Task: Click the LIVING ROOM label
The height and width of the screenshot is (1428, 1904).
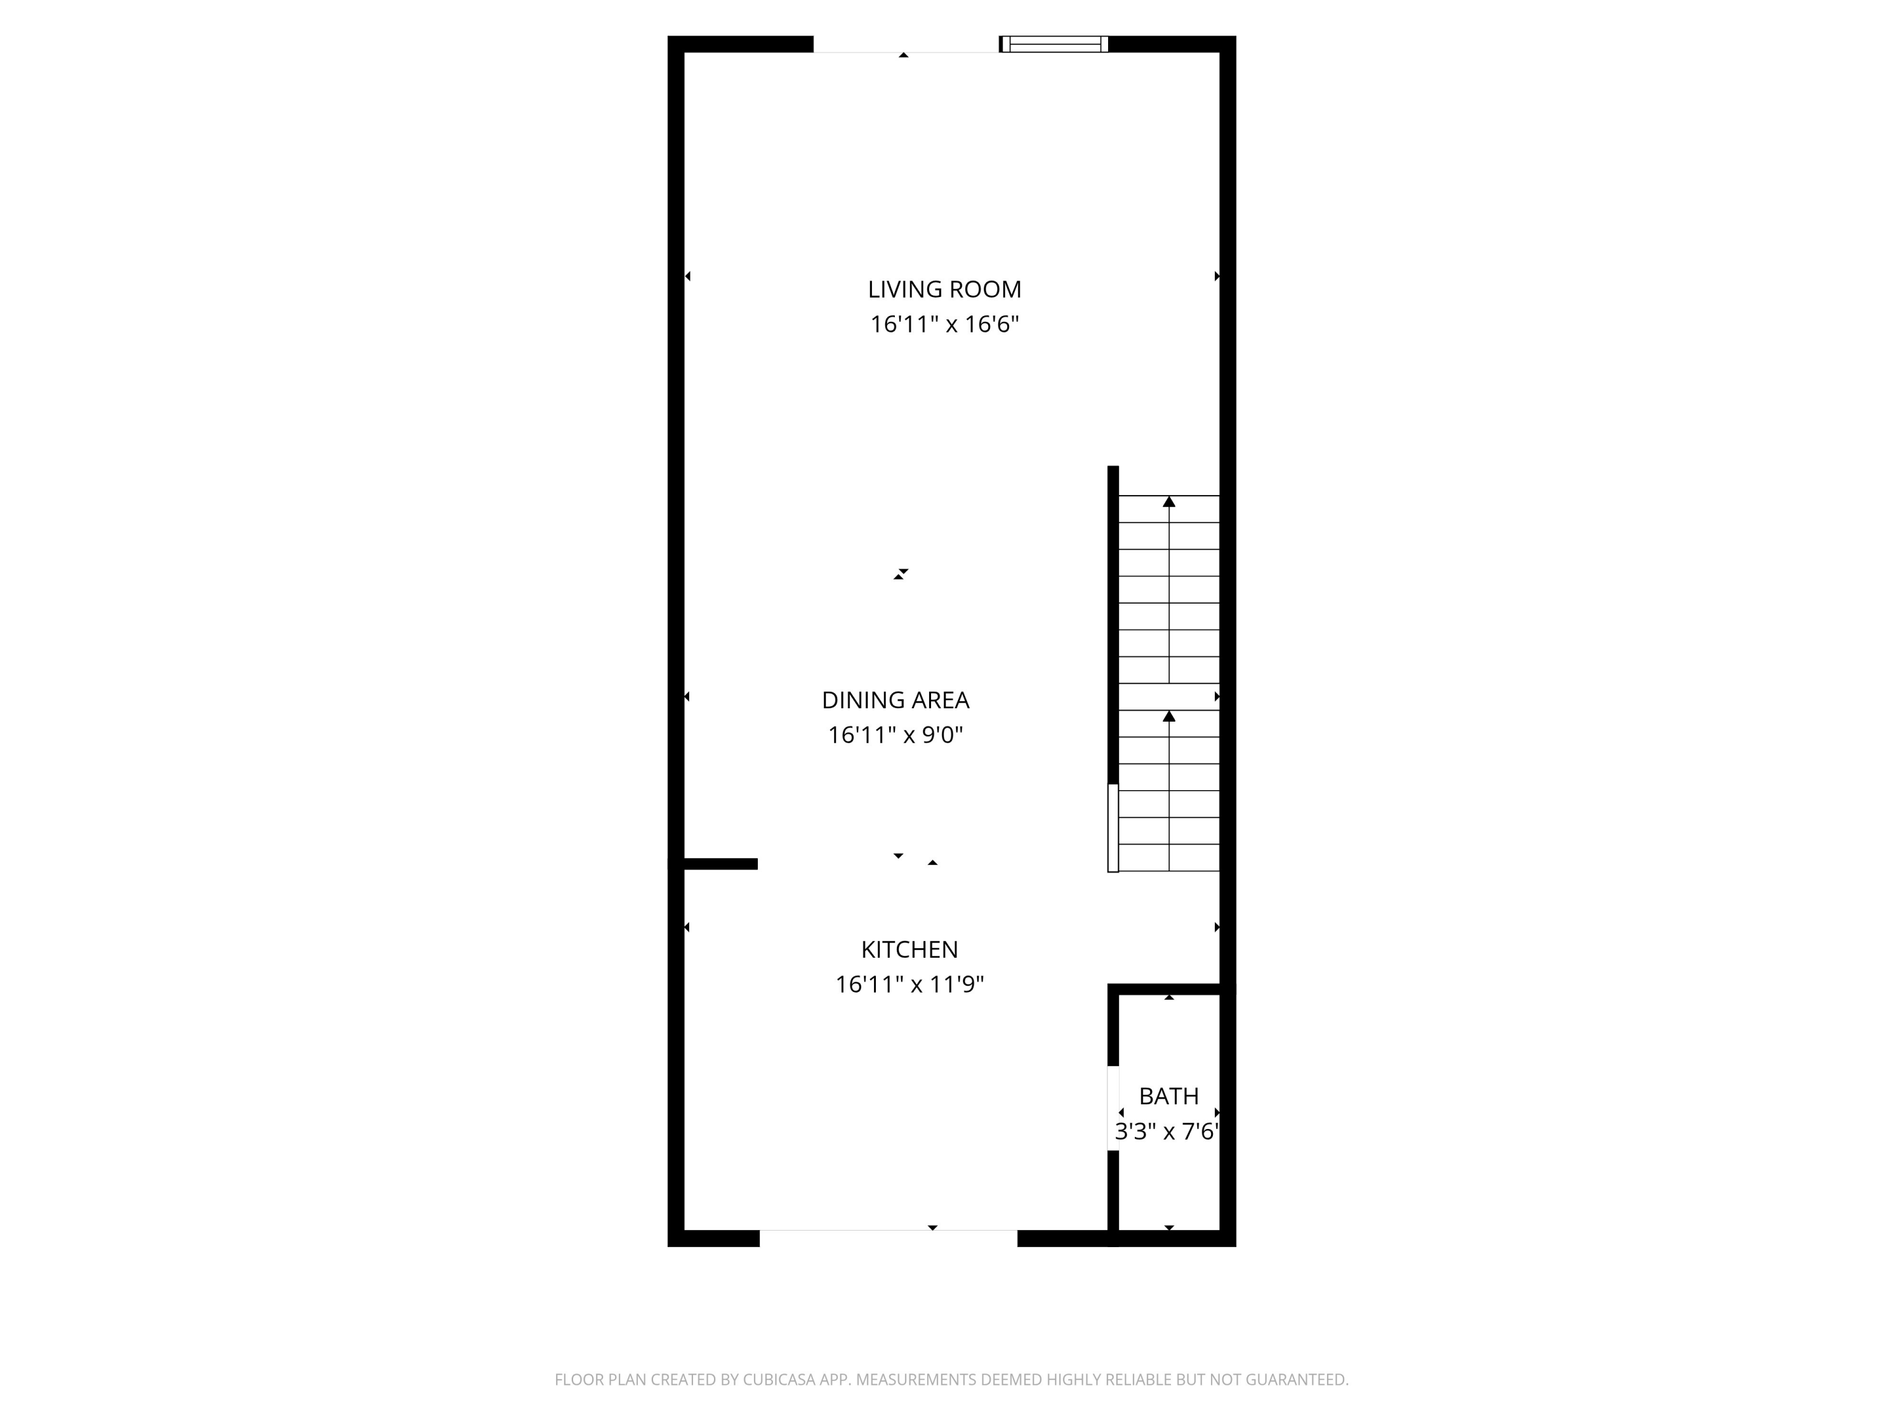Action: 944,289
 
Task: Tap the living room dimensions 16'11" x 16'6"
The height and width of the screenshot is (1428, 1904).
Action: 944,324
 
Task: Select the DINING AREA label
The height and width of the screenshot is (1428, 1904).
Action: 895,700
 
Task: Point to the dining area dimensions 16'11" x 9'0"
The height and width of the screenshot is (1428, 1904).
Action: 895,735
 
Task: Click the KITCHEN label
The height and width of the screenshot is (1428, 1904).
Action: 909,949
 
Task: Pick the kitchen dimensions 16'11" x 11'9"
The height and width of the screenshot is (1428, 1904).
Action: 909,984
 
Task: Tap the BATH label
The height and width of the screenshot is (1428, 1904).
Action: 1168,1095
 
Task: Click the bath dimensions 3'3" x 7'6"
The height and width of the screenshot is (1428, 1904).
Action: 1167,1131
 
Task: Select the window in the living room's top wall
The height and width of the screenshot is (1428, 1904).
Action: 1054,44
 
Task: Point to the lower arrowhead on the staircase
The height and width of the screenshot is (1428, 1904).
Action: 1169,716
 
